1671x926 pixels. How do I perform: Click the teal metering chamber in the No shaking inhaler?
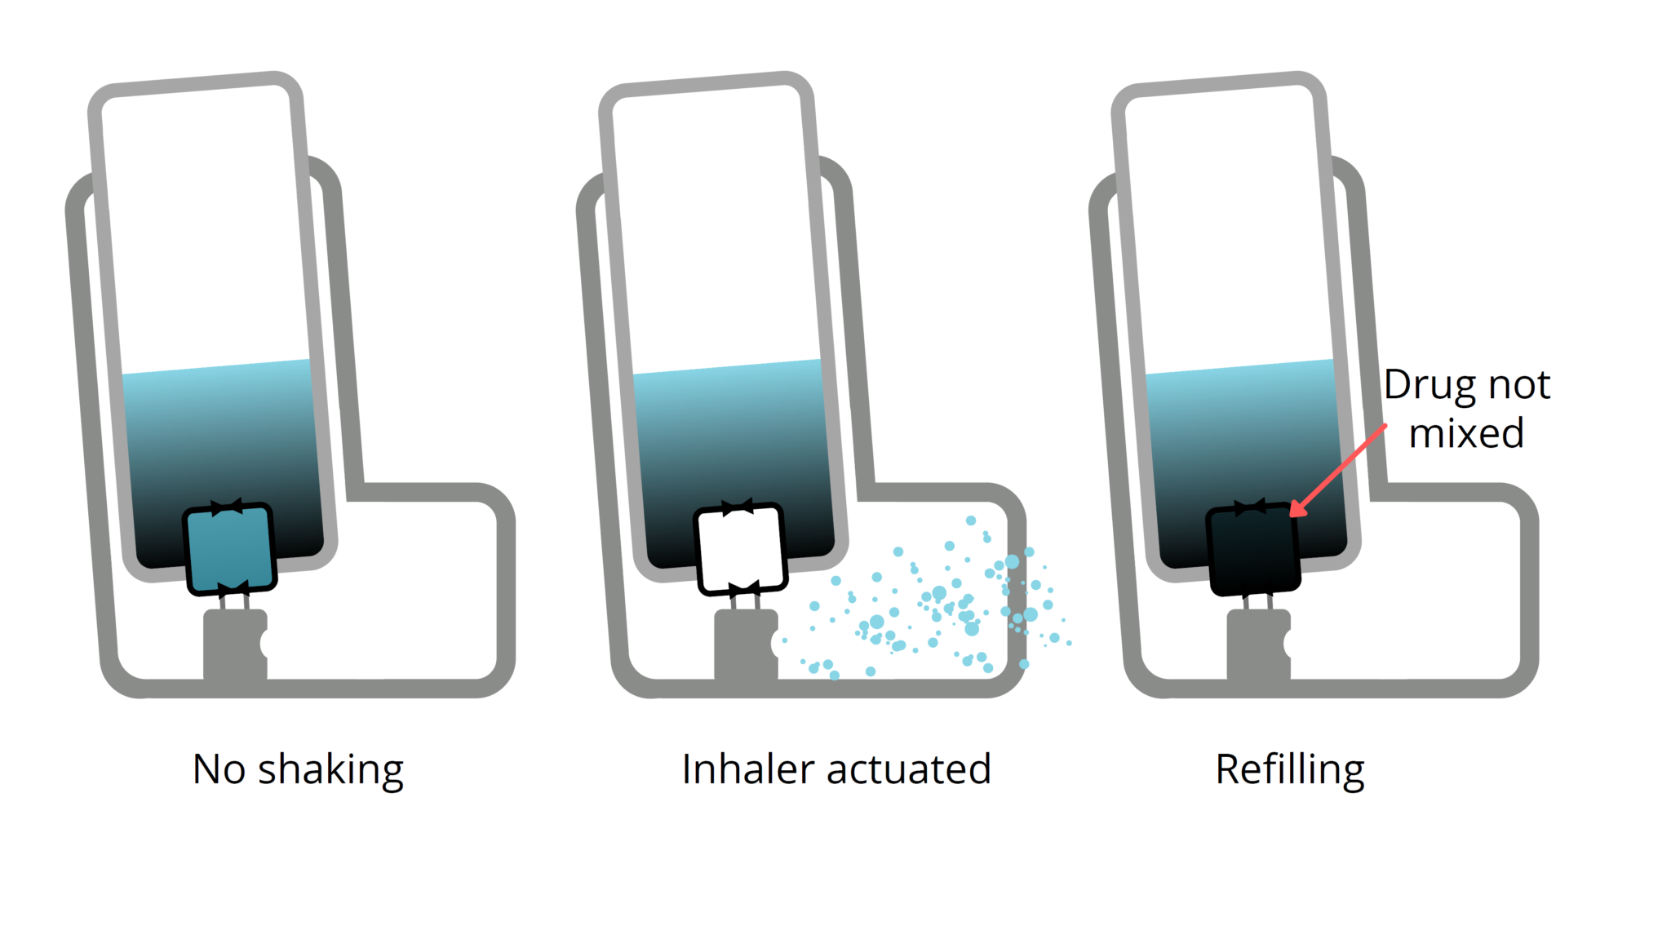tap(229, 548)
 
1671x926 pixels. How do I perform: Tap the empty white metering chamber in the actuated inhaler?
tap(740, 548)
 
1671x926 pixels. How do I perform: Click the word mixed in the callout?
tap(1466, 433)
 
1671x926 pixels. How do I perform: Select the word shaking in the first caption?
tap(330, 769)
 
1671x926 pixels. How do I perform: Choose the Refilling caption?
tap(1289, 769)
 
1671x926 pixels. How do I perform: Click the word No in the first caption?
tap(219, 769)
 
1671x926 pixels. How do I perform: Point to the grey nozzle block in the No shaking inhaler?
tap(234, 645)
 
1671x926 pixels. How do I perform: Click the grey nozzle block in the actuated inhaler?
tap(745, 645)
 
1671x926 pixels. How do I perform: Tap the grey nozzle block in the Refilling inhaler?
tap(1257, 645)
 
